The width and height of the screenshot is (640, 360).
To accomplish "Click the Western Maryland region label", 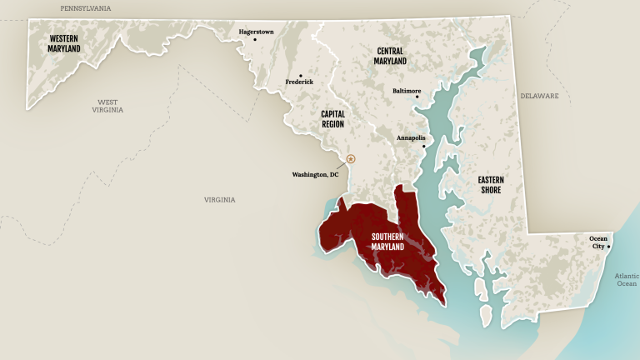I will (x=64, y=43).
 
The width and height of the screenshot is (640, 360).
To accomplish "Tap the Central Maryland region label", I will (x=390, y=56).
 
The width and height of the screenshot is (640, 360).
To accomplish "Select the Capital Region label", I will (x=333, y=119).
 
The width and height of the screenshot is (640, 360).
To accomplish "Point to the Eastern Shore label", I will (x=490, y=185).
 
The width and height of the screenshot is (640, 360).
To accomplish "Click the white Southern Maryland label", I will (x=388, y=242).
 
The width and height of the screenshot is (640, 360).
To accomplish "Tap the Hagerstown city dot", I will (x=255, y=39).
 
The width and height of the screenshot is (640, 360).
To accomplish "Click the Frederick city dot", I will (x=301, y=75).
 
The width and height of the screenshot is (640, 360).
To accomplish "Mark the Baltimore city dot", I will (x=417, y=97).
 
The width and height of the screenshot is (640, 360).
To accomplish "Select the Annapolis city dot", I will (x=423, y=147).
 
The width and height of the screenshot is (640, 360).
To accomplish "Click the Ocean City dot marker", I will (x=609, y=246).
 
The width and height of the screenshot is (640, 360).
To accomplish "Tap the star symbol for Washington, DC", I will (x=351, y=158).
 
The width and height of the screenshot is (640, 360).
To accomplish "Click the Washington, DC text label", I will (x=315, y=175).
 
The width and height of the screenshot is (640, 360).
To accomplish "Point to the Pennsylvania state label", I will (x=85, y=7).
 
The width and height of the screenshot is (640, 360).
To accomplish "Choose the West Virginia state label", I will (x=107, y=106).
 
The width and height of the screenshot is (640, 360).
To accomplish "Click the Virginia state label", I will (x=220, y=199).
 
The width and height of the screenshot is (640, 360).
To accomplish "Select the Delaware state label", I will (x=540, y=96).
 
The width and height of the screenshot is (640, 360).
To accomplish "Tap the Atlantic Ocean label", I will (x=626, y=279).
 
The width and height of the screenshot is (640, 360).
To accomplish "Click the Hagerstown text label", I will (x=257, y=31).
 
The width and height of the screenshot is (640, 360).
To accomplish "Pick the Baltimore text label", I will (x=407, y=90).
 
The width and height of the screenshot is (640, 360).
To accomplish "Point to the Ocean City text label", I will (x=598, y=242).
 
